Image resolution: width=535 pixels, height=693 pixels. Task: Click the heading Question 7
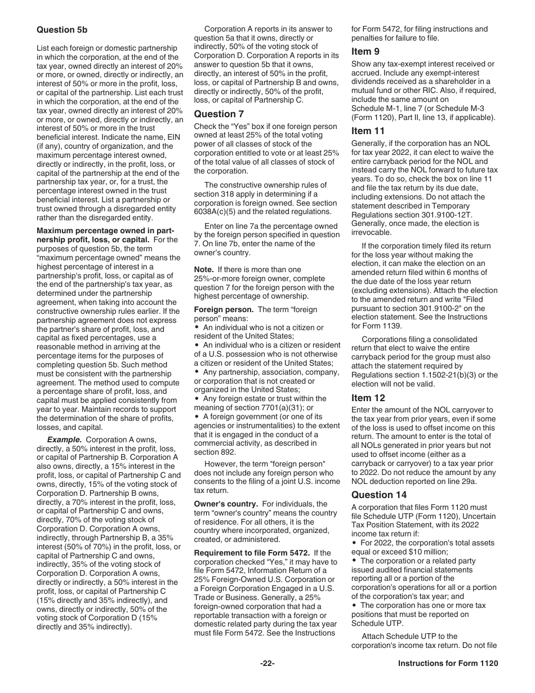click(x=215, y=114)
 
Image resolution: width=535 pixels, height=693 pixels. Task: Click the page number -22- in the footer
click(x=267, y=664)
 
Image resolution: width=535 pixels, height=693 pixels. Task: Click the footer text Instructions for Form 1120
click(x=448, y=664)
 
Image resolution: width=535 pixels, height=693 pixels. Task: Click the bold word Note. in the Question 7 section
click(x=203, y=270)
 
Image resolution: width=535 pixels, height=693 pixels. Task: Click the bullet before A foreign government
click(x=198, y=416)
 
